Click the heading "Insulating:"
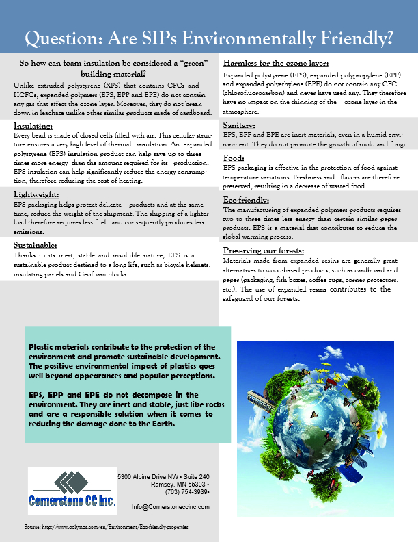point(33,127)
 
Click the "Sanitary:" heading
point(240,126)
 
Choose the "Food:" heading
point(234,157)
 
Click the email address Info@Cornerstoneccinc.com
point(170,507)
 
